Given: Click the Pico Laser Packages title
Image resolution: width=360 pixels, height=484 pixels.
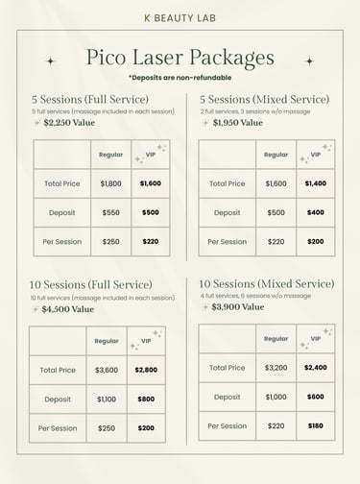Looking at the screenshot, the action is tap(180, 59).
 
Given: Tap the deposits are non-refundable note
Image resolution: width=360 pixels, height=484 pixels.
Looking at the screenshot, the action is tap(180, 78).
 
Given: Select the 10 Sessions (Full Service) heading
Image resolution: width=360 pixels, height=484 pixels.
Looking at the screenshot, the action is tap(91, 285).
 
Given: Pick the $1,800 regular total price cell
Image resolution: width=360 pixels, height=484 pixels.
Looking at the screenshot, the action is tap(111, 183).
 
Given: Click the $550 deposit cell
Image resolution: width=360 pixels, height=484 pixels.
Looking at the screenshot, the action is tap(111, 212).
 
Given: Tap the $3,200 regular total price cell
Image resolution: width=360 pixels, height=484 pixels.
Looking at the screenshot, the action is tap(276, 368).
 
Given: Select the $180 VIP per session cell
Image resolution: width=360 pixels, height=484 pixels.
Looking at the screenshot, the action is tap(315, 425).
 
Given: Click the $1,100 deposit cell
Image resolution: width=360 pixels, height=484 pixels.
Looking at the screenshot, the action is tap(107, 399).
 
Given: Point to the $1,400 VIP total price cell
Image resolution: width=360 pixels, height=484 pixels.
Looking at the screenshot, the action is tap(315, 183).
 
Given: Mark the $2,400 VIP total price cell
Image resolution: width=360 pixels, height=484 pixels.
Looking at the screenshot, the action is tap(315, 368).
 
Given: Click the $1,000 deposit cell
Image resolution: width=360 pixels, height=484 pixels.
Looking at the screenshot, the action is tap(276, 397).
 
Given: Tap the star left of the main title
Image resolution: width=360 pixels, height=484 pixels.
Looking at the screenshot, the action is tap(51, 60).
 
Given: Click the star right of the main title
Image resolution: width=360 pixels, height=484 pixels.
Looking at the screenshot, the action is tap(309, 60).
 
